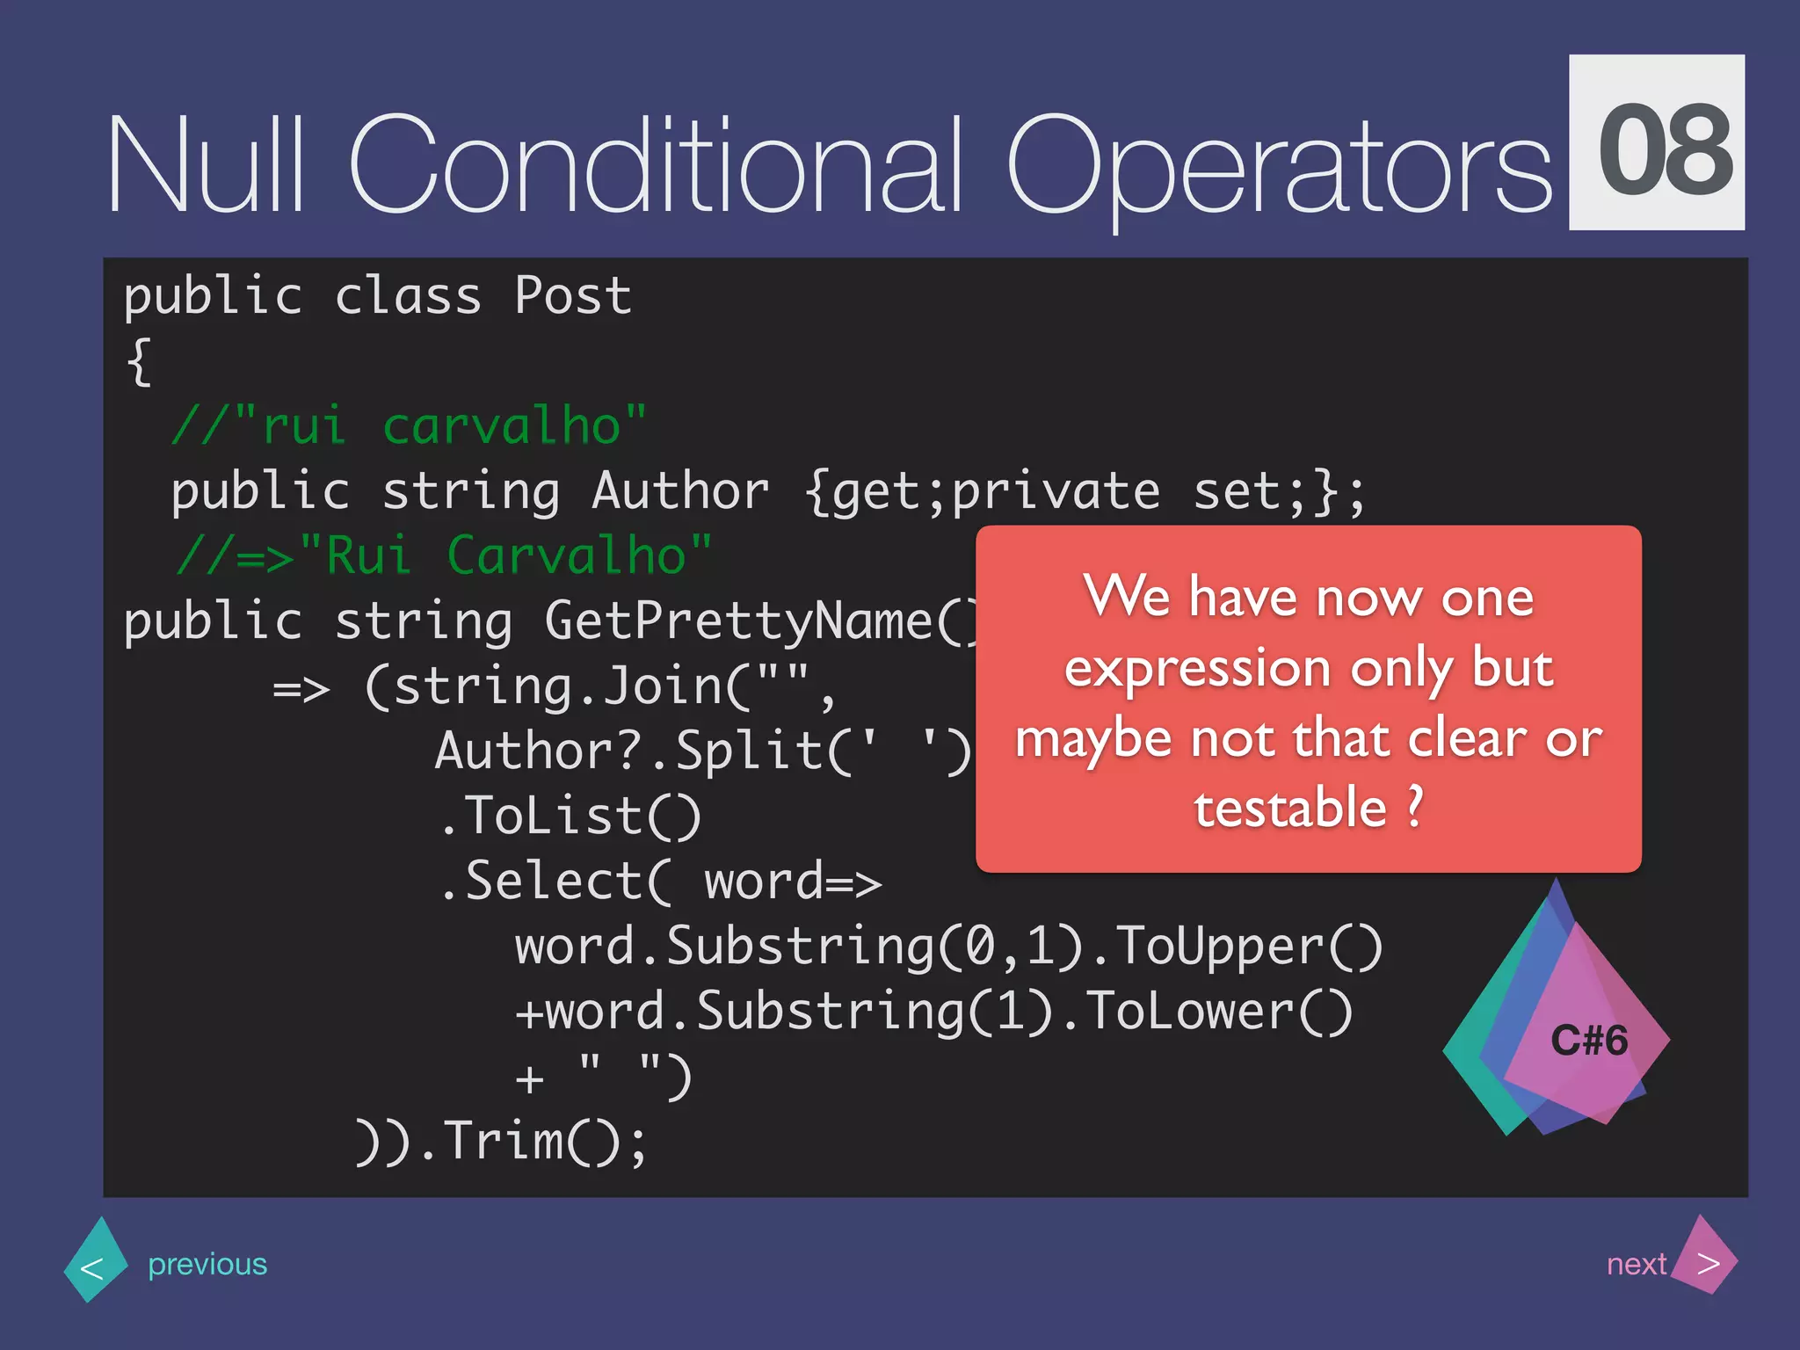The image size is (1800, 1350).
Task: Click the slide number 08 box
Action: coord(1656,142)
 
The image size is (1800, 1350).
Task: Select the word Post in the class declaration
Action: coord(572,296)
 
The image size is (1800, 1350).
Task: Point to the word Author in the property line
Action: coord(679,491)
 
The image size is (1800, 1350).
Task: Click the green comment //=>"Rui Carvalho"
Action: coord(444,556)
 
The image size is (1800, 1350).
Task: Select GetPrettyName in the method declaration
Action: coord(738,621)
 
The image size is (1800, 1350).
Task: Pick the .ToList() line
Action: coord(570,817)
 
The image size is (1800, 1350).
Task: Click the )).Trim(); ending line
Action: coord(501,1142)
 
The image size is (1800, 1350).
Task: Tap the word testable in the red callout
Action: coord(1289,809)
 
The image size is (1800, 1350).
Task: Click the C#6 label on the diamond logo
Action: coord(1588,1041)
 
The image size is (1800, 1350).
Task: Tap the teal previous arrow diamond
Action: coord(94,1262)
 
